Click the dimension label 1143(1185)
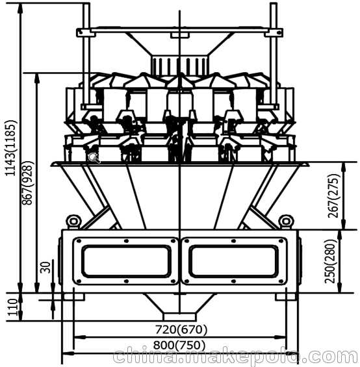[x=11, y=148]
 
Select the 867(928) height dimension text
[x=28, y=183]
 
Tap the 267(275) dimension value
[x=333, y=196]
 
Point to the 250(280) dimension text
[x=331, y=261]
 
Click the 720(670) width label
[x=181, y=329]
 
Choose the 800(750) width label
[x=179, y=345]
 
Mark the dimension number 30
[x=45, y=267]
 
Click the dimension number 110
[x=13, y=307]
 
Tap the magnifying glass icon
[x=94, y=158]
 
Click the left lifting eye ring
[x=73, y=221]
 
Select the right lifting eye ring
[x=286, y=221]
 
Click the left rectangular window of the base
[x=126, y=261]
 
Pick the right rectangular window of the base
[x=234, y=261]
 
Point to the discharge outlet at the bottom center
[x=179, y=317]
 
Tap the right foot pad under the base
[x=285, y=297]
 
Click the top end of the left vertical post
[x=86, y=4]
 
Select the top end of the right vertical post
[x=274, y=4]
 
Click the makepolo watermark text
[x=235, y=357]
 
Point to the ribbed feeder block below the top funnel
[x=179, y=65]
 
